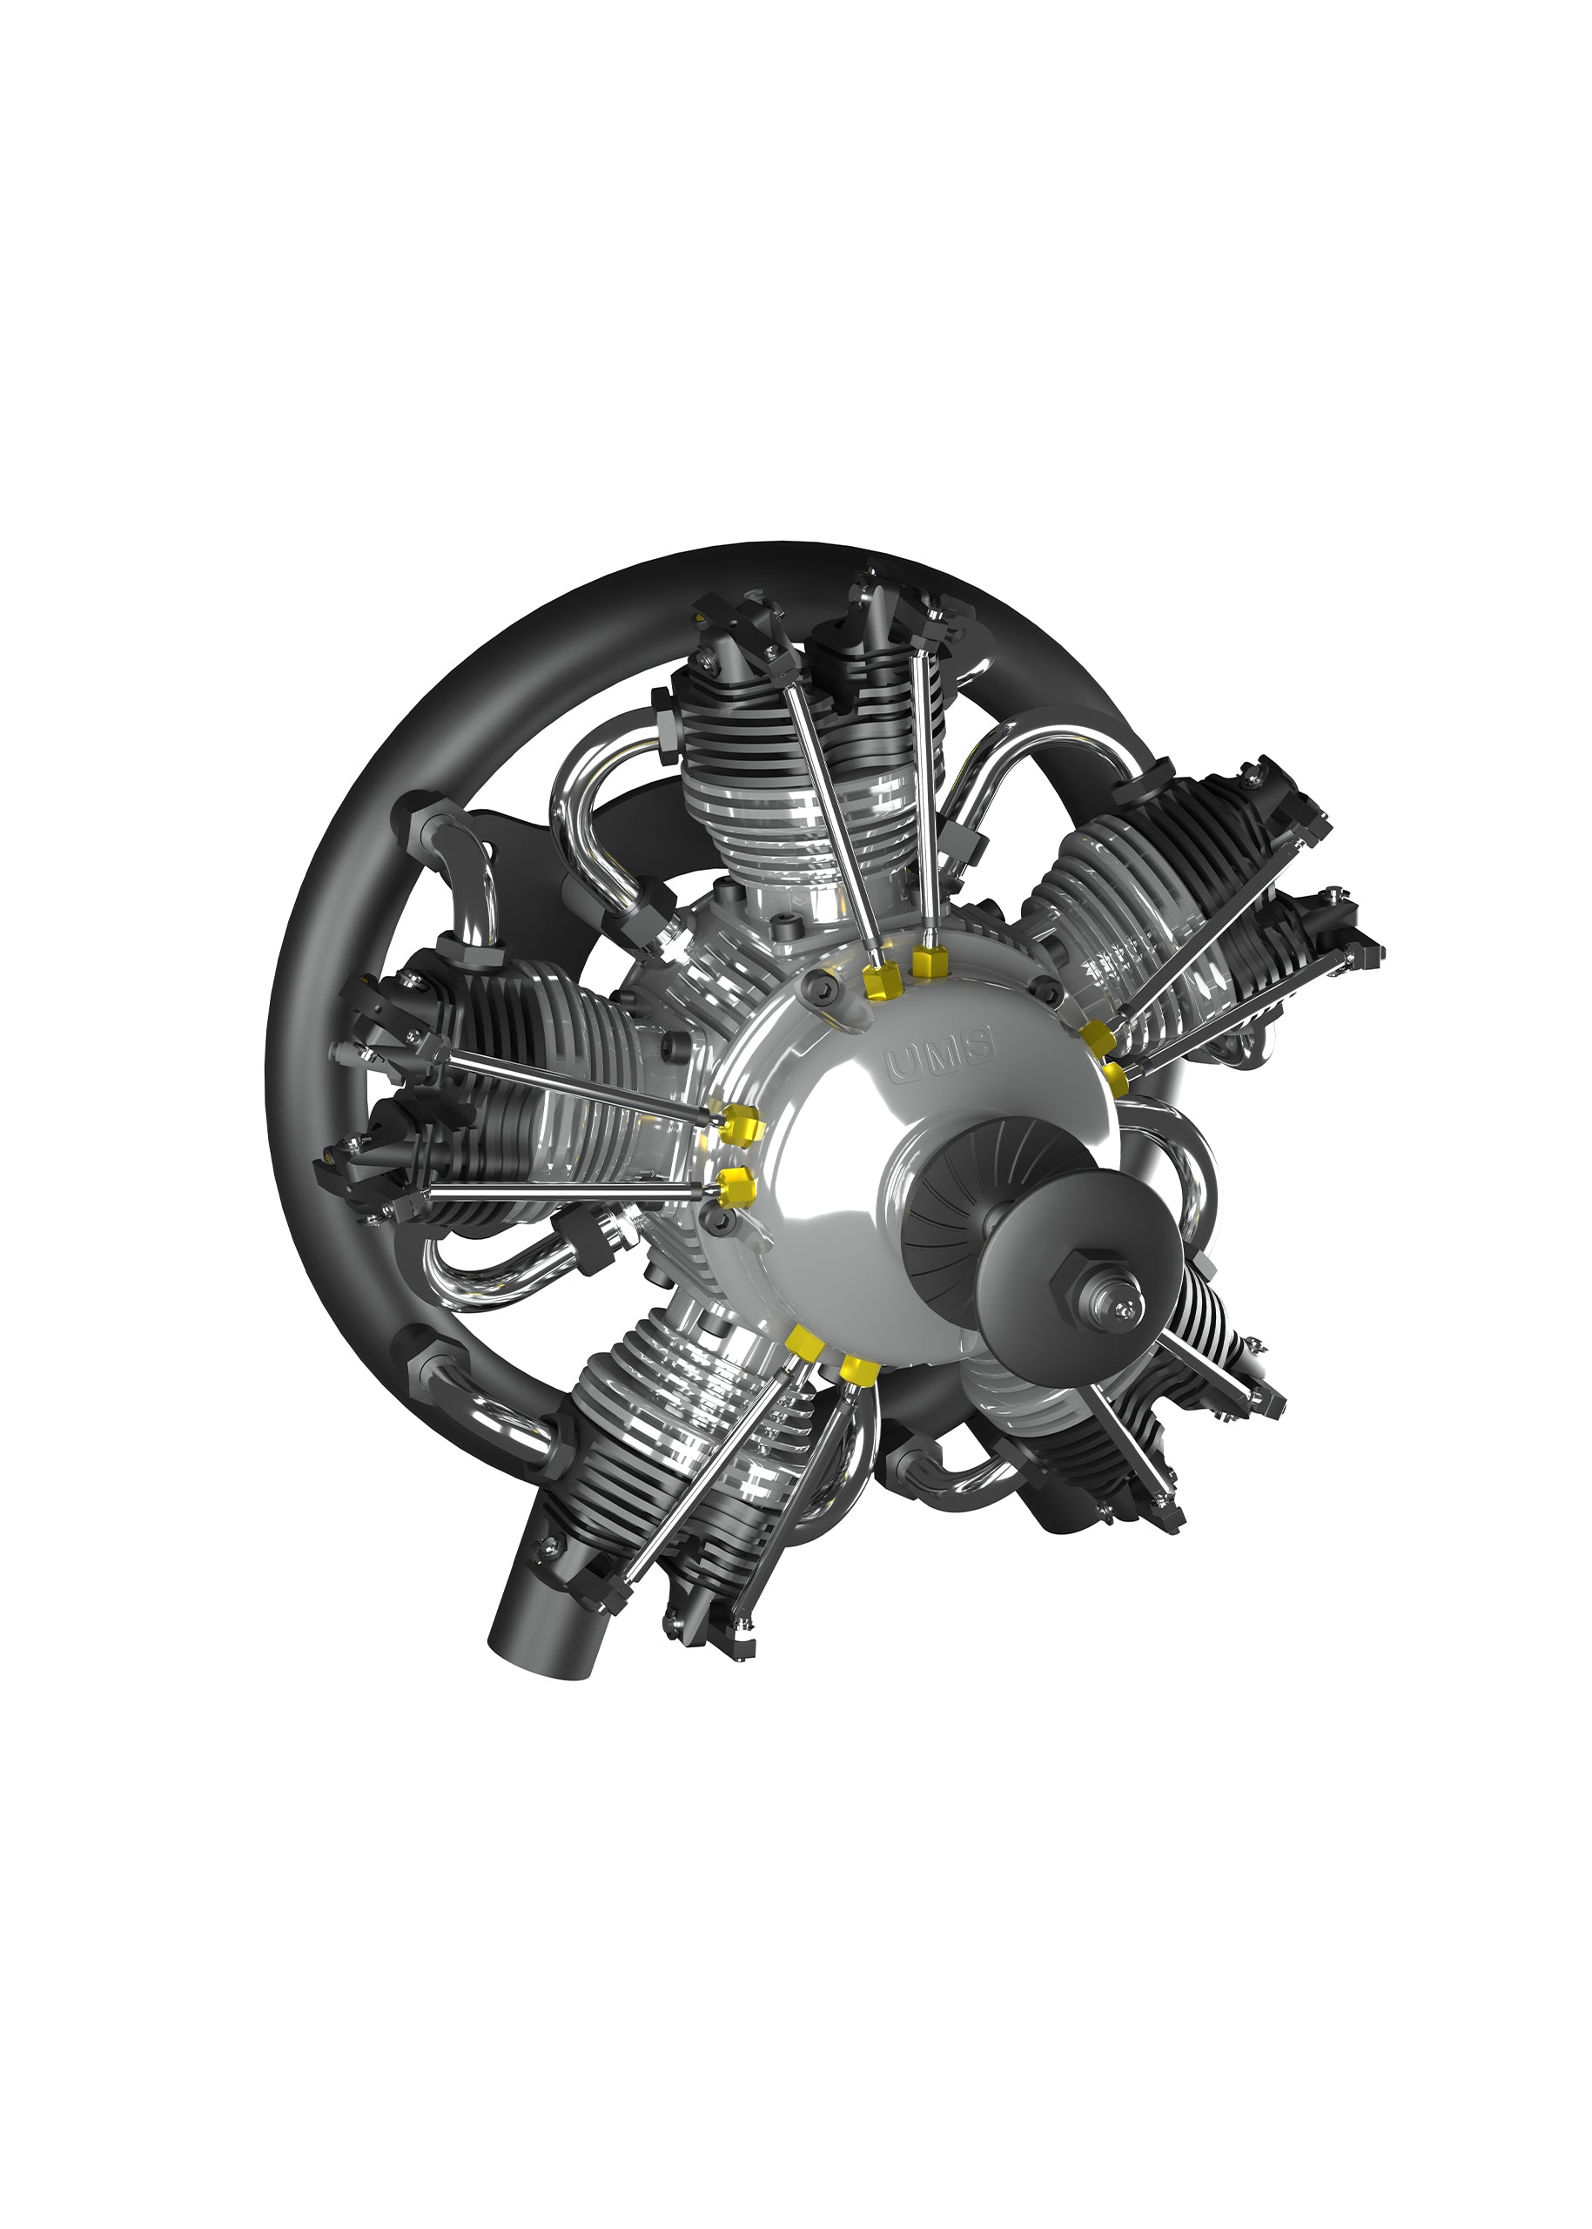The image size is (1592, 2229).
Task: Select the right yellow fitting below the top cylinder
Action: click(x=930, y=961)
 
